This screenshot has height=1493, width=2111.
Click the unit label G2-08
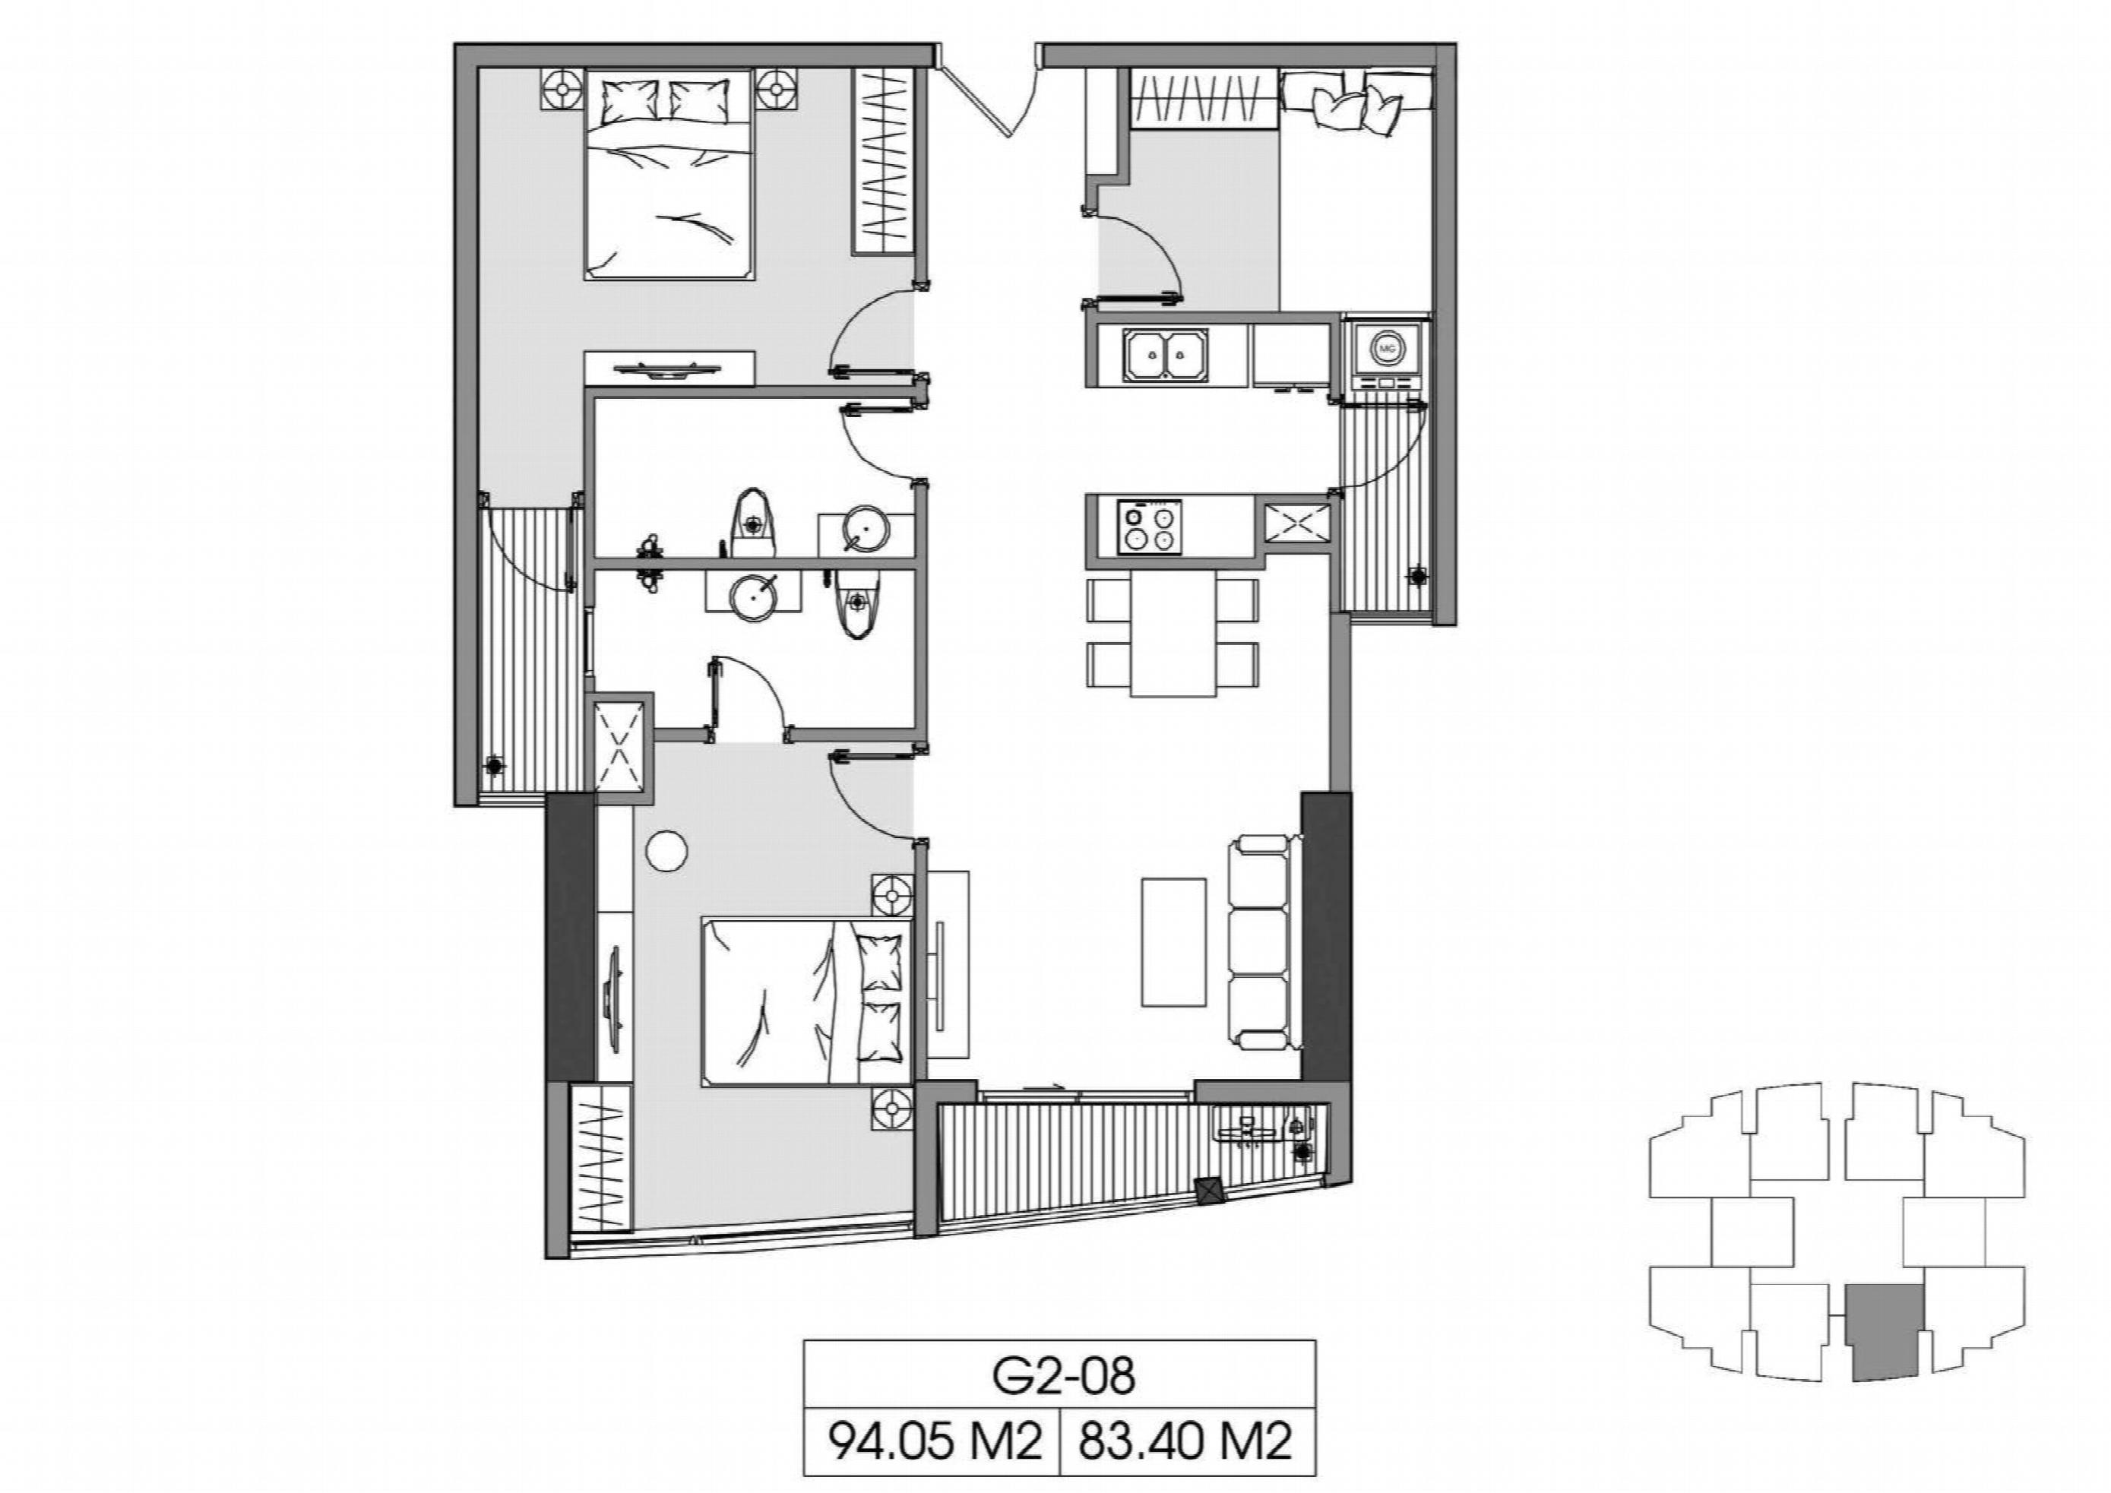click(1063, 1375)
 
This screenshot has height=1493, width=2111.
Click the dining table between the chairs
click(1173, 635)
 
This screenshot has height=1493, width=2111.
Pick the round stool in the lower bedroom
click(666, 850)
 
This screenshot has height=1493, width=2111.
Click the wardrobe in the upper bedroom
click(884, 162)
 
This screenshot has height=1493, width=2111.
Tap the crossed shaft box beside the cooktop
click(1297, 524)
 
